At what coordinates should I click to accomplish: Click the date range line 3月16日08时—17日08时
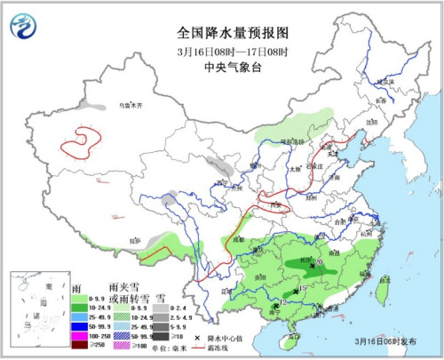(x=221, y=50)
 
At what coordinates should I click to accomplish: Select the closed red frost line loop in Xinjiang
(x=83, y=140)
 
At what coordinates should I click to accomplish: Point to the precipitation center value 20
(x=318, y=262)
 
